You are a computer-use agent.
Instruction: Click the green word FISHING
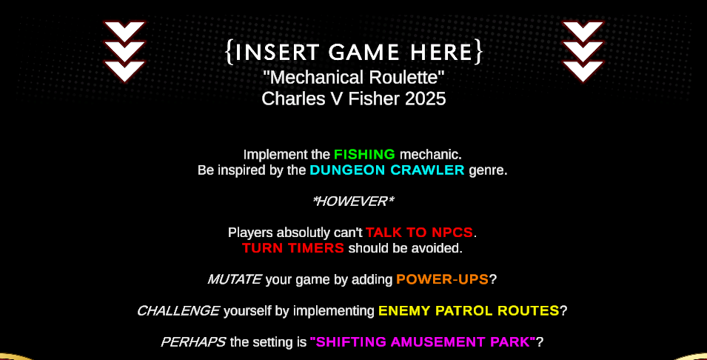[x=364, y=155]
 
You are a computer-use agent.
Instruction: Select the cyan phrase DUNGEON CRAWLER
[x=387, y=170]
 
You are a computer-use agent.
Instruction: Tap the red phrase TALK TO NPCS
[x=419, y=233]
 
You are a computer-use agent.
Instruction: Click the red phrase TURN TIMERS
[x=293, y=248]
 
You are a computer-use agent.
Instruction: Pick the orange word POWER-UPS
[x=442, y=280]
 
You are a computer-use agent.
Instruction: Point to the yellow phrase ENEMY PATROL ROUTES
[x=469, y=311]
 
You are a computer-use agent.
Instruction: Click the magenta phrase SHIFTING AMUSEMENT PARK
[x=423, y=342]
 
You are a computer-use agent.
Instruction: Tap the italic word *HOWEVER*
[x=353, y=201]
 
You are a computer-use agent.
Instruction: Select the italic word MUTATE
[x=235, y=280]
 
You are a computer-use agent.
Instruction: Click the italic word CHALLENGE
[x=178, y=311]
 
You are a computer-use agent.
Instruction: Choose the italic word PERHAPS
[x=193, y=342]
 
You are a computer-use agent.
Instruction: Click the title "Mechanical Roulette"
[x=354, y=78]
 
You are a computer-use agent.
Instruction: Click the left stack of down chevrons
[x=124, y=51]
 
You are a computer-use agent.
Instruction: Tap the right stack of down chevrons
[x=583, y=51]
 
